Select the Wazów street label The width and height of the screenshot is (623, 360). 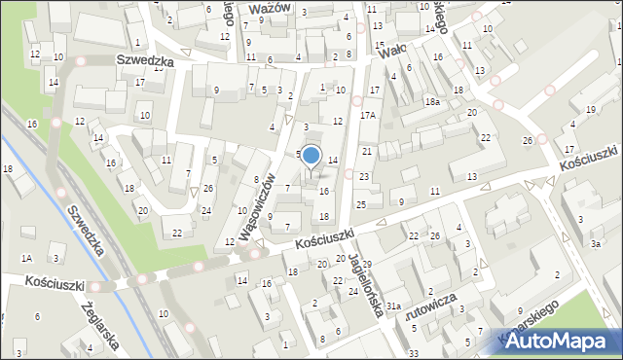270,7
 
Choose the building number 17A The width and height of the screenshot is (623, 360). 367,115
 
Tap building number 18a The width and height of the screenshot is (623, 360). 432,101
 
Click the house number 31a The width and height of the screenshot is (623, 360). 393,306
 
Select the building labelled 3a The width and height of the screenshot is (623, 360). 595,244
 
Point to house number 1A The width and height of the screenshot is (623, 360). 27,258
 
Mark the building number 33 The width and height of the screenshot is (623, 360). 414,352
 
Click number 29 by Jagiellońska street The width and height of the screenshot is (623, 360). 367,265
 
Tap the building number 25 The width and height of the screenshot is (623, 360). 360,204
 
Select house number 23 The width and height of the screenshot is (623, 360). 363,176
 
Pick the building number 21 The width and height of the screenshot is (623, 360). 367,152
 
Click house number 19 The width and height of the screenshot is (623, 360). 592,110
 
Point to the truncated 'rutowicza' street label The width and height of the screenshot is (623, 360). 428,314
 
